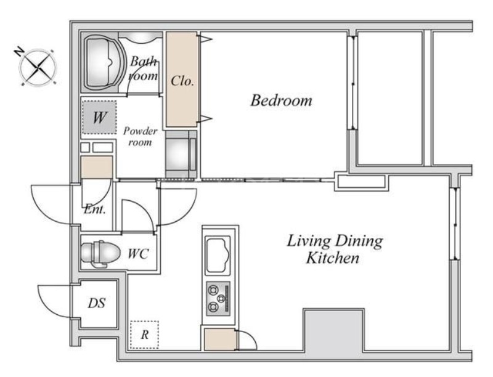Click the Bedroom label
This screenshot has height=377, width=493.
tap(282, 100)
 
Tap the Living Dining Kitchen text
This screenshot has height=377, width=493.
tap(335, 249)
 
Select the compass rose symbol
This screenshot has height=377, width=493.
tap(38, 67)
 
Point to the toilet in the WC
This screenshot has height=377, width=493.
tap(100, 253)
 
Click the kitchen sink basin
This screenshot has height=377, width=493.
tap(218, 255)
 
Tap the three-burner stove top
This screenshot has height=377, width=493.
tap(218, 298)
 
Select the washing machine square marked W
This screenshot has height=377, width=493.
tap(99, 117)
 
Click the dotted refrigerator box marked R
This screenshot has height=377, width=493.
tap(144, 334)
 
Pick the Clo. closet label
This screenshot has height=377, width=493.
tap(182, 81)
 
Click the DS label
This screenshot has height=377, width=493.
tap(97, 303)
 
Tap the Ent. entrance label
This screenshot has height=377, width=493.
tap(95, 209)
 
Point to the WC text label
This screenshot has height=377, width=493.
tap(138, 254)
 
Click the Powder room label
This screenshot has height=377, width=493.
tap(141, 136)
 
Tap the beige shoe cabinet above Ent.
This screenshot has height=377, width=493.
tap(97, 167)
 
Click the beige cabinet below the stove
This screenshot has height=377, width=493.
tap(220, 339)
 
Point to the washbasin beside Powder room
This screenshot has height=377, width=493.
tap(181, 154)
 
